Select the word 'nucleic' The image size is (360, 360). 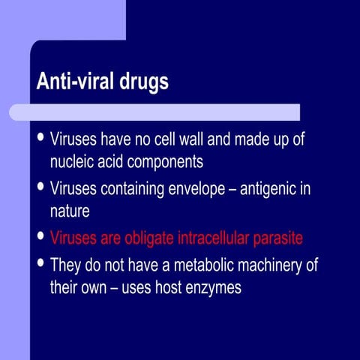coord(74,162)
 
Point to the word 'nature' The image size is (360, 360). coord(70,211)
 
